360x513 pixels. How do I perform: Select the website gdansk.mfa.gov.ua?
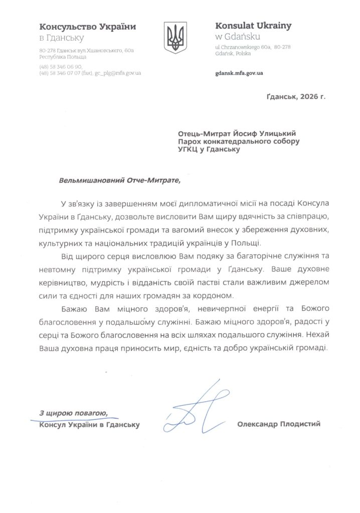point(239,73)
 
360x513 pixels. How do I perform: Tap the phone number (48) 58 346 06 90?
point(61,66)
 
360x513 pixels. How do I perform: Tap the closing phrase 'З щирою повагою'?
point(73,413)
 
